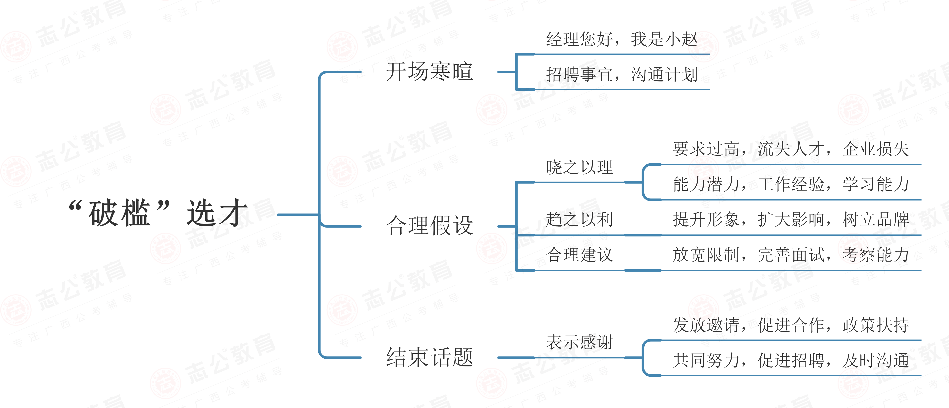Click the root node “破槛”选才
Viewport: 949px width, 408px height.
coord(159,213)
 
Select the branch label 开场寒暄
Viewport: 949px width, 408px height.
coord(429,71)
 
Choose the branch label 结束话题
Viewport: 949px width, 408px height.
coord(429,357)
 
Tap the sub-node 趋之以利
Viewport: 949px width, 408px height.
coord(579,220)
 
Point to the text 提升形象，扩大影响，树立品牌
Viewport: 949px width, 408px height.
coord(790,220)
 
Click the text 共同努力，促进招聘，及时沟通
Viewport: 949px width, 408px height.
coord(790,360)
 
